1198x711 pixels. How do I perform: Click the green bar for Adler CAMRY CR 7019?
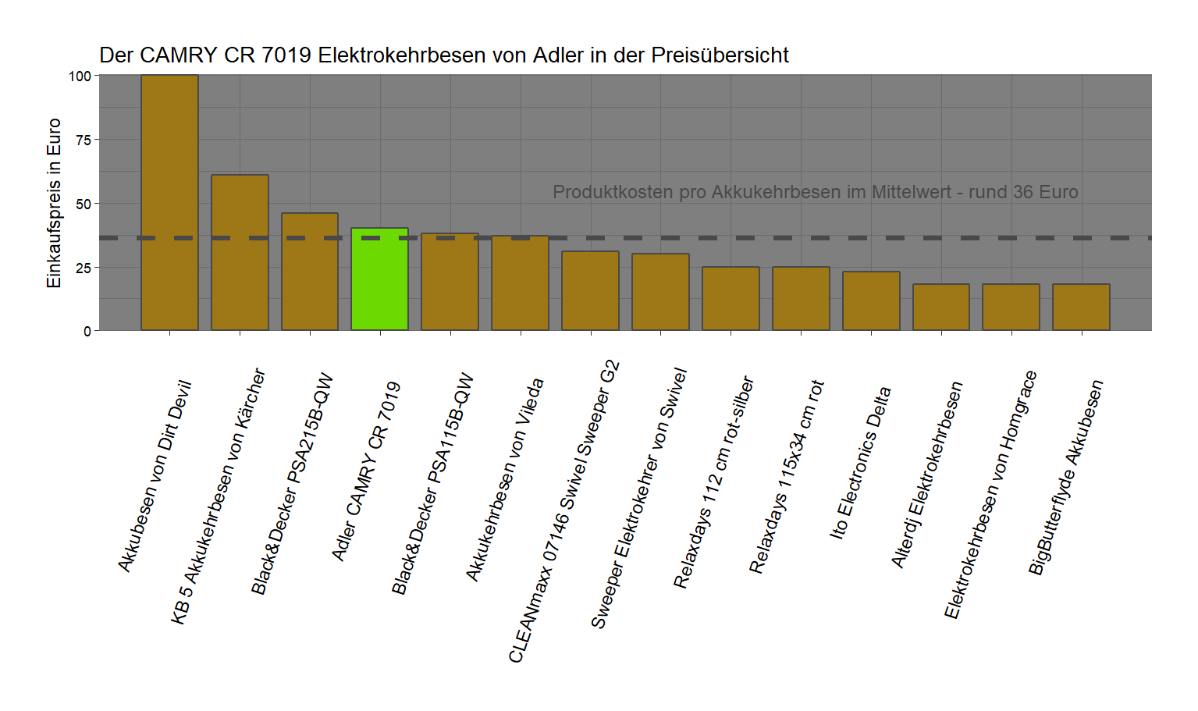pyautogui.click(x=380, y=279)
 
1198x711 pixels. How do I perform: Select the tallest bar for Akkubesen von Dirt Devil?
pyautogui.click(x=169, y=203)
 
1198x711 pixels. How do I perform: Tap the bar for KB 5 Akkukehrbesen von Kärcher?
pyautogui.click(x=240, y=253)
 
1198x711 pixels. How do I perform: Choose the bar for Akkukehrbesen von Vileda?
pyautogui.click(x=521, y=283)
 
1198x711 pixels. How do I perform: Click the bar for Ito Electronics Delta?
pyautogui.click(x=871, y=301)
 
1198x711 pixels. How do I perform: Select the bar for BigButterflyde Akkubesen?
pyautogui.click(x=1081, y=308)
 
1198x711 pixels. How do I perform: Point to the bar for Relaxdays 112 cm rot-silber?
pyautogui.click(x=731, y=299)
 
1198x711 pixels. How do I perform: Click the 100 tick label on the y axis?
pyautogui.click(x=80, y=76)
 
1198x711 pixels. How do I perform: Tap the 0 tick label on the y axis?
pyautogui.click(x=87, y=331)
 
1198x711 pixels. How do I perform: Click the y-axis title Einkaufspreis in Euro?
pyautogui.click(x=54, y=203)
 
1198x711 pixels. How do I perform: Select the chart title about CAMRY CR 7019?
pyautogui.click(x=443, y=55)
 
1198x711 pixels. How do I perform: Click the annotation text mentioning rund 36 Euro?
pyautogui.click(x=815, y=192)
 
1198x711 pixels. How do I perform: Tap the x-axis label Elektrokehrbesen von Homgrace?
pyautogui.click(x=990, y=495)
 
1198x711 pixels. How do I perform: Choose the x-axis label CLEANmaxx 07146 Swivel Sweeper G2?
pyautogui.click(x=563, y=512)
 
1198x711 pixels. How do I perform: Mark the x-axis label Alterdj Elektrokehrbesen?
pyautogui.click(x=927, y=475)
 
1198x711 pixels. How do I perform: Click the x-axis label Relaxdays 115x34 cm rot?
pyautogui.click(x=787, y=477)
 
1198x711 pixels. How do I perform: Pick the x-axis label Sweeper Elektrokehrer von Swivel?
pyautogui.click(x=638, y=498)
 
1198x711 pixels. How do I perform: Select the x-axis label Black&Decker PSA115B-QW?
pyautogui.click(x=432, y=484)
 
